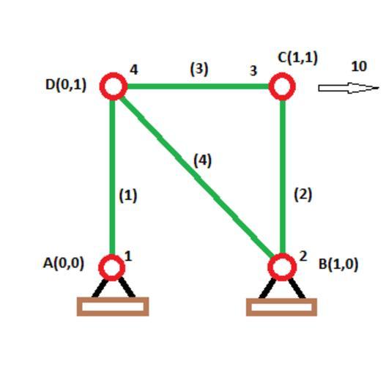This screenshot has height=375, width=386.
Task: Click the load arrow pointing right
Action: tap(349, 88)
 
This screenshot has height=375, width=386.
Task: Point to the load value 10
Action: tap(359, 66)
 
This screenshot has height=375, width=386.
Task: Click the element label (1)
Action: tap(128, 196)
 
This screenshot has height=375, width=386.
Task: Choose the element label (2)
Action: tap(303, 195)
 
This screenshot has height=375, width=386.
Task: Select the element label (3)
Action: tap(199, 69)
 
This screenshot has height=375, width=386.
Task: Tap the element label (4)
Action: tap(203, 160)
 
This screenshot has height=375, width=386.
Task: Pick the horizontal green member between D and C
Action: tap(198, 86)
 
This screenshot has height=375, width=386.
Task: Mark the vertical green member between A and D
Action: tap(112, 177)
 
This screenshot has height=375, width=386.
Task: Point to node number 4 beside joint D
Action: tap(134, 70)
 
